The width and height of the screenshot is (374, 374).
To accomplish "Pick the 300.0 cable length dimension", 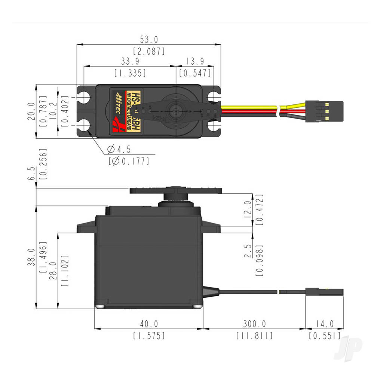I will click(254, 324).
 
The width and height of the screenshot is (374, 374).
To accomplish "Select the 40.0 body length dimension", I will click(148, 324).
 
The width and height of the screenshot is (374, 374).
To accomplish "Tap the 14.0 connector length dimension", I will click(324, 324).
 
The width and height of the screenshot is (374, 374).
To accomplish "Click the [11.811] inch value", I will click(254, 335).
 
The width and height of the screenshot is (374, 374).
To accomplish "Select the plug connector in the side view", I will click(329, 291).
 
